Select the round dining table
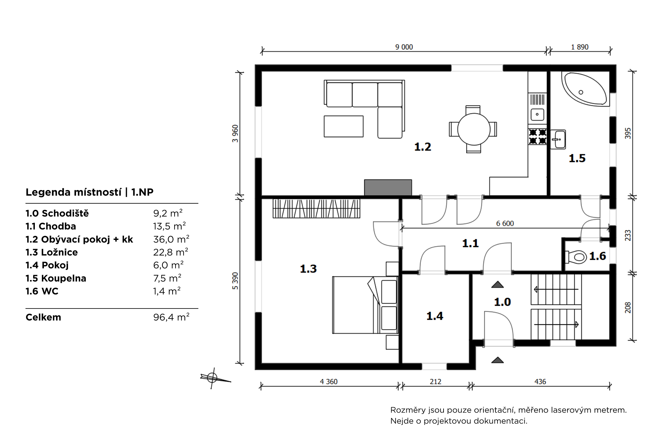(x=474, y=129)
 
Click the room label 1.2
(x=423, y=147)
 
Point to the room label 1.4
(x=434, y=316)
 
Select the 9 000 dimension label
(x=404, y=47)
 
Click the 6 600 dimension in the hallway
(x=505, y=224)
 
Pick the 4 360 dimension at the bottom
(x=329, y=382)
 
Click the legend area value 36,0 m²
(x=171, y=239)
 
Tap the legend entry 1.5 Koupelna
(x=56, y=278)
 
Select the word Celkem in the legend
(x=44, y=317)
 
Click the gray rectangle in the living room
(x=388, y=187)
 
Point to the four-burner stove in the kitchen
(x=537, y=137)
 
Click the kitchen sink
(x=537, y=114)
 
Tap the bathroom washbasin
(x=558, y=139)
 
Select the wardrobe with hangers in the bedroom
(x=316, y=208)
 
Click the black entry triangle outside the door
(x=497, y=360)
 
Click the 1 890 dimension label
(x=580, y=47)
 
